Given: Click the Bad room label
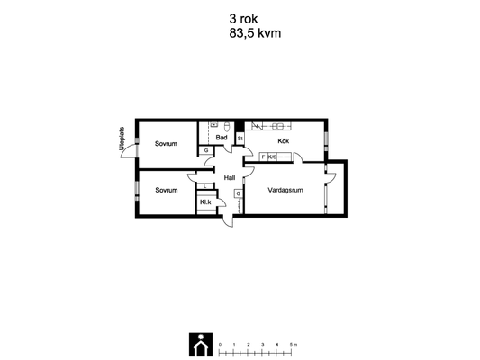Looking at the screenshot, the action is pyautogui.click(x=222, y=138).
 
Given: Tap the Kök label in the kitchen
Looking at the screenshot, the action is pyautogui.click(x=283, y=141).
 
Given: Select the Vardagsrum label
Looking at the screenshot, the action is pyautogui.click(x=285, y=190).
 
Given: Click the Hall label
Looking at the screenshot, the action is pyautogui.click(x=230, y=177).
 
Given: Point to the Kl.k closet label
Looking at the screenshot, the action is pyautogui.click(x=205, y=202).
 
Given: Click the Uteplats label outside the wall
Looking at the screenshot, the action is pyautogui.click(x=122, y=139).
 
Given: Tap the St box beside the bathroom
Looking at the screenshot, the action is pyautogui.click(x=240, y=139).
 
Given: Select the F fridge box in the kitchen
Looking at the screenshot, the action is pyautogui.click(x=263, y=157).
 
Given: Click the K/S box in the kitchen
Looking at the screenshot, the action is pyautogui.click(x=272, y=157).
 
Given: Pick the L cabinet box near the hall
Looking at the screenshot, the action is pyautogui.click(x=204, y=186).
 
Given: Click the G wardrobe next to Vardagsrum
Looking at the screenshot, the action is pyautogui.click(x=239, y=193).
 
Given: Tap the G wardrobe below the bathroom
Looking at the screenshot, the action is pyautogui.click(x=206, y=150).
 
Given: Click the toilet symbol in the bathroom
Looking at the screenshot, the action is pyautogui.click(x=227, y=126).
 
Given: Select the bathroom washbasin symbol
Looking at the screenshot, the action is pyautogui.click(x=213, y=124).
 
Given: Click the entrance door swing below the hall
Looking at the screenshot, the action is pyautogui.click(x=228, y=220).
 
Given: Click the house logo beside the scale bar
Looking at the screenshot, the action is pyautogui.click(x=201, y=345).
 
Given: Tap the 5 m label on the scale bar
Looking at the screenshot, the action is pyautogui.click(x=294, y=345).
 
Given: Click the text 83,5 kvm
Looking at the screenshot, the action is pyautogui.click(x=255, y=33).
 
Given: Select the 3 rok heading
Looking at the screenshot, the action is pyautogui.click(x=243, y=19).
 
